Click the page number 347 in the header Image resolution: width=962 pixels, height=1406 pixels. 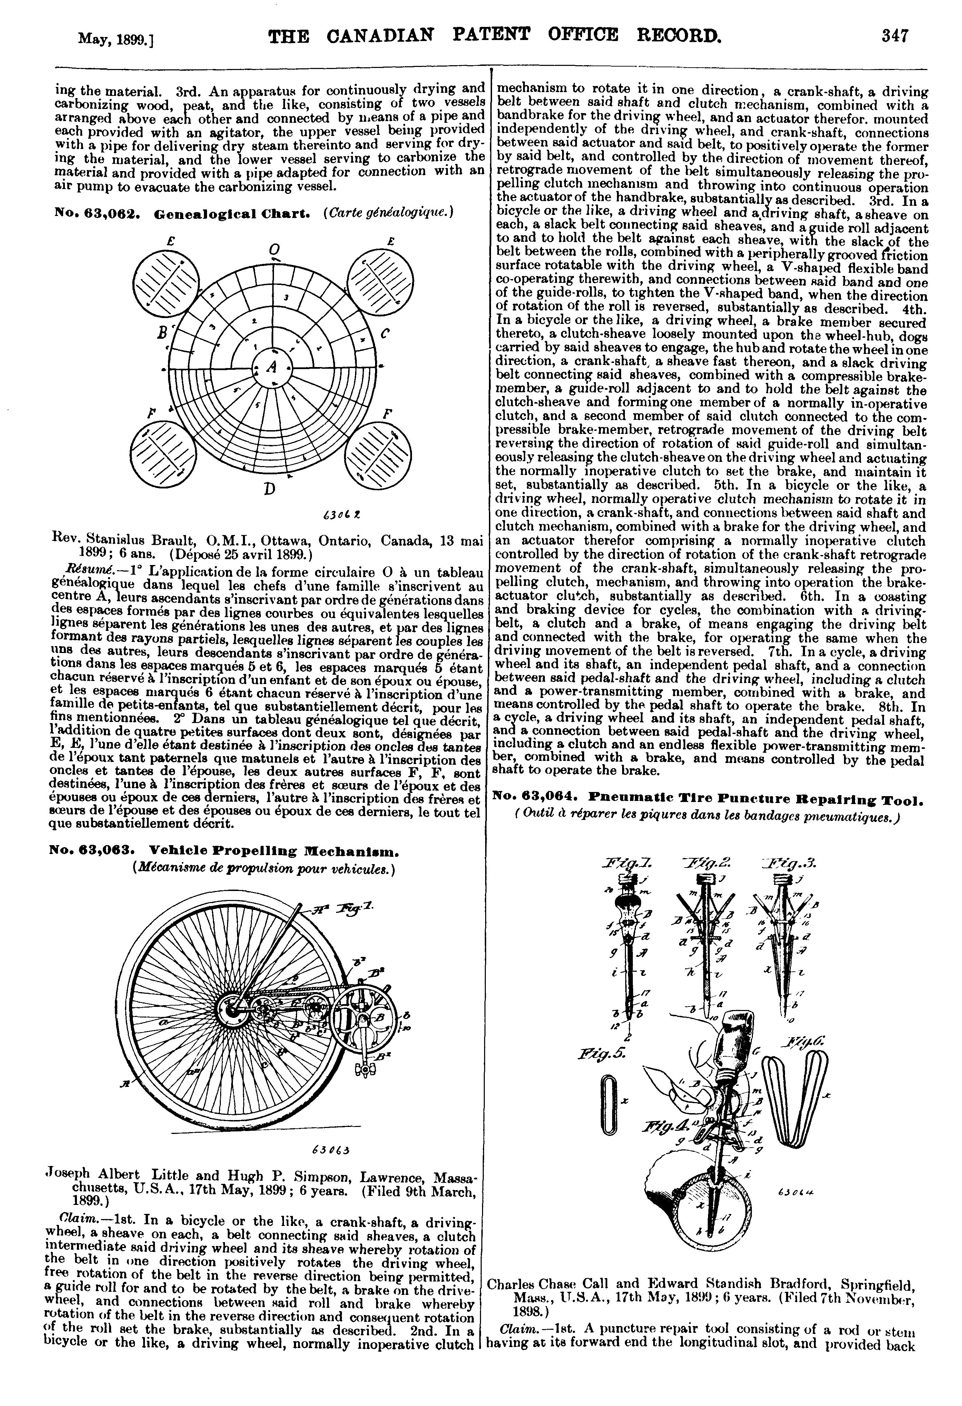pos(895,36)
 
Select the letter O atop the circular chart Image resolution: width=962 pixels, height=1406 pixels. pos(274,249)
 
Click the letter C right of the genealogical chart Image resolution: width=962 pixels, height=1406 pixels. pos(385,333)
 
